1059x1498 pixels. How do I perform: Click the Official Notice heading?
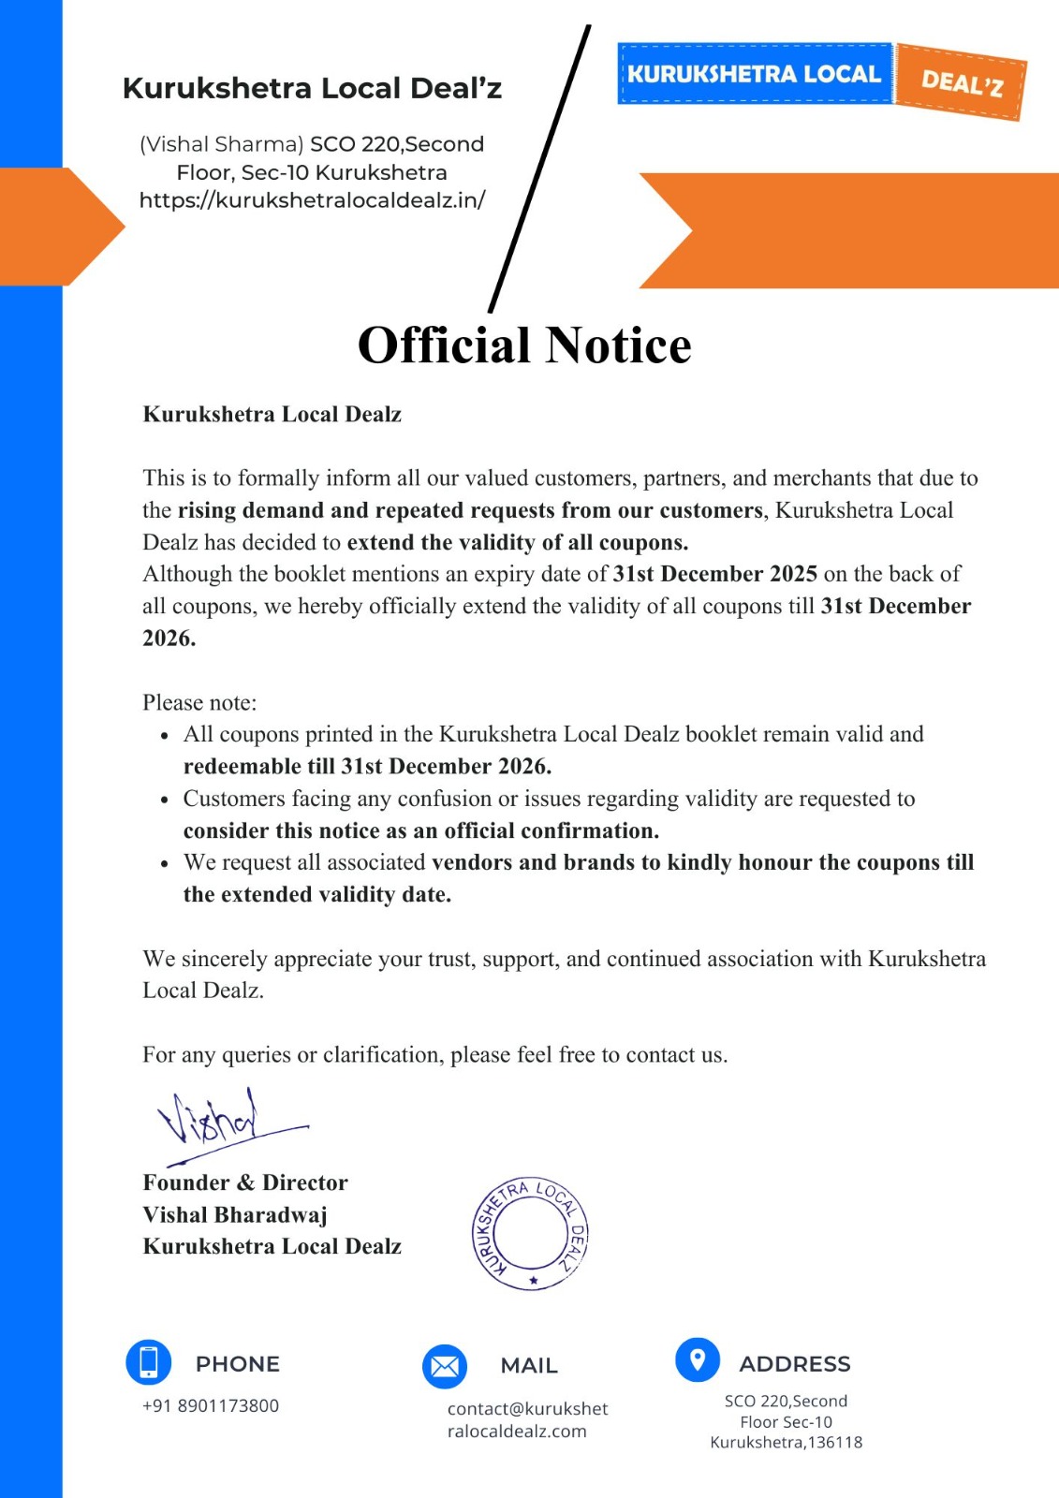click(x=524, y=345)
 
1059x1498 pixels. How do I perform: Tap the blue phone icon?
click(x=149, y=1361)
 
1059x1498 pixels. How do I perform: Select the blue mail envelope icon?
click(x=445, y=1367)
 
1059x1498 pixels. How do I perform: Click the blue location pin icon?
click(x=698, y=1359)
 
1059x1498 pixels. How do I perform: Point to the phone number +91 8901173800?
click(x=211, y=1405)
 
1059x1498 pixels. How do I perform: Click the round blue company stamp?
click(x=531, y=1233)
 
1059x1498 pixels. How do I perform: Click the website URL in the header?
click(x=312, y=199)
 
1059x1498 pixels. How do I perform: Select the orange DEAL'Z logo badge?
click(x=962, y=82)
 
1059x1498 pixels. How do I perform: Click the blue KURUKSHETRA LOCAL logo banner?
click(x=754, y=74)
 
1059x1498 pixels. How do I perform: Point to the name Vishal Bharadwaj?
click(x=235, y=1214)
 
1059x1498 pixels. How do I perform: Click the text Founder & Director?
click(x=245, y=1182)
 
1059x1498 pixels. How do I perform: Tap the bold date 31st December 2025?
click(x=714, y=574)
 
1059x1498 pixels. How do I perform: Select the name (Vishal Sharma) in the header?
click(x=222, y=144)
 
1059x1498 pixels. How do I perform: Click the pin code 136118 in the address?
click(x=834, y=1442)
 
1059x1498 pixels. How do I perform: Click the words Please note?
click(x=199, y=702)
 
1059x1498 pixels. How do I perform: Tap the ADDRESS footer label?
click(x=795, y=1364)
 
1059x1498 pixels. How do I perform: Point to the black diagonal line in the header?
click(x=540, y=169)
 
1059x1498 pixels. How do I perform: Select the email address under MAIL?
click(x=527, y=1419)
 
